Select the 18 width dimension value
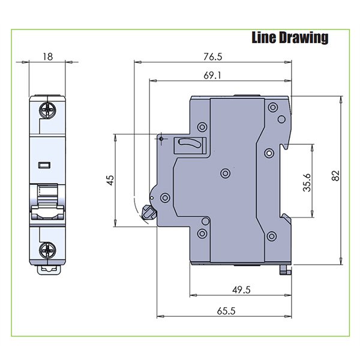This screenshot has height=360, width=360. (x=48, y=56)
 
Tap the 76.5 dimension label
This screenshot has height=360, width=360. (x=212, y=57)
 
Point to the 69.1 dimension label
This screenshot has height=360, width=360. (x=212, y=76)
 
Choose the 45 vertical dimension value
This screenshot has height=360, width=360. (x=110, y=181)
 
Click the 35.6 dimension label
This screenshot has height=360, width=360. (x=307, y=181)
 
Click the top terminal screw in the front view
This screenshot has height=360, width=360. (x=48, y=109)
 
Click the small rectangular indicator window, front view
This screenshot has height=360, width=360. (x=44, y=164)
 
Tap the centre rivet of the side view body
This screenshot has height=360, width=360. (x=225, y=173)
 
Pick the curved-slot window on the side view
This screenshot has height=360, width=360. (x=190, y=145)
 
